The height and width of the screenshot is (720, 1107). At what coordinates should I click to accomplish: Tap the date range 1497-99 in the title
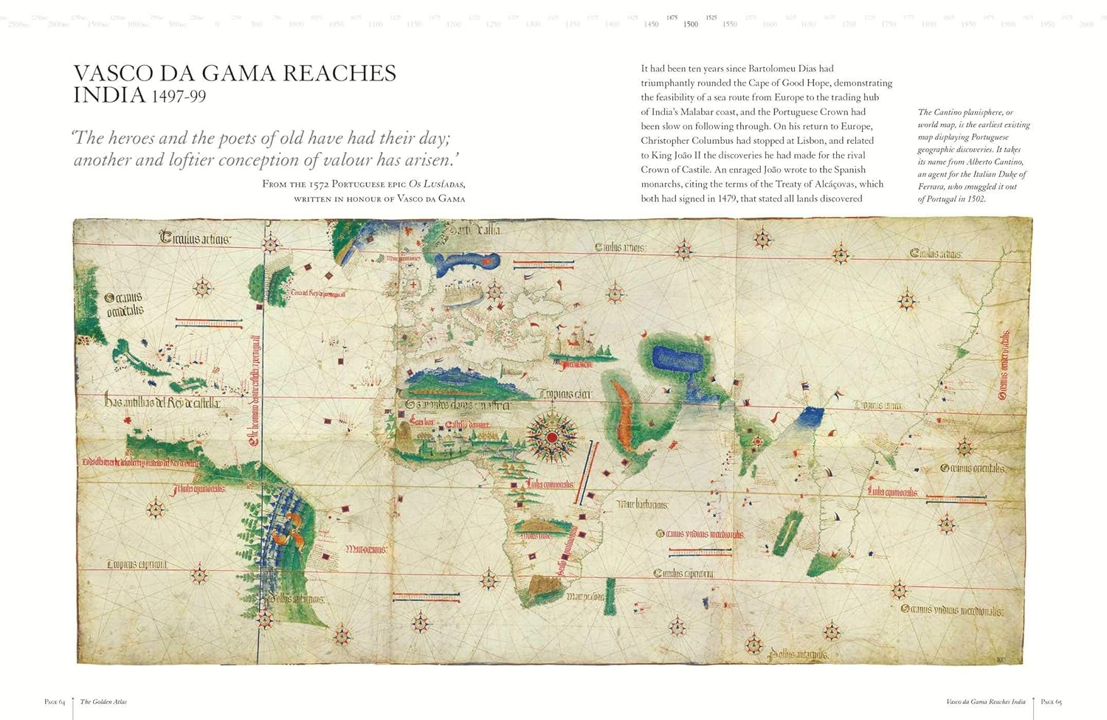pos(179,97)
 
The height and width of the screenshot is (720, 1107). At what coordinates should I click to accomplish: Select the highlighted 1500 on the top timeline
pos(690,24)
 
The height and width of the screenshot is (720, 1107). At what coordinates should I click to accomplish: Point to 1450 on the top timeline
pos(651,24)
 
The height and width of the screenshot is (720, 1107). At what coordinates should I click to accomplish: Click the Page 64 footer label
pos(55,702)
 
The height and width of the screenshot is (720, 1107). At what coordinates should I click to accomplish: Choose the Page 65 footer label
pos(1051,702)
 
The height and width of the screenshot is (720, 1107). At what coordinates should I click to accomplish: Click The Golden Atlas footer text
pos(103,702)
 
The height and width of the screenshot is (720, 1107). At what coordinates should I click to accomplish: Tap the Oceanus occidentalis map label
pos(124,304)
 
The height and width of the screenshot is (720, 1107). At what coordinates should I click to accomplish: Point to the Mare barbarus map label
pos(642,505)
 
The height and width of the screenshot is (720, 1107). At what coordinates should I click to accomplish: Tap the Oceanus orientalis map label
pos(973,468)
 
